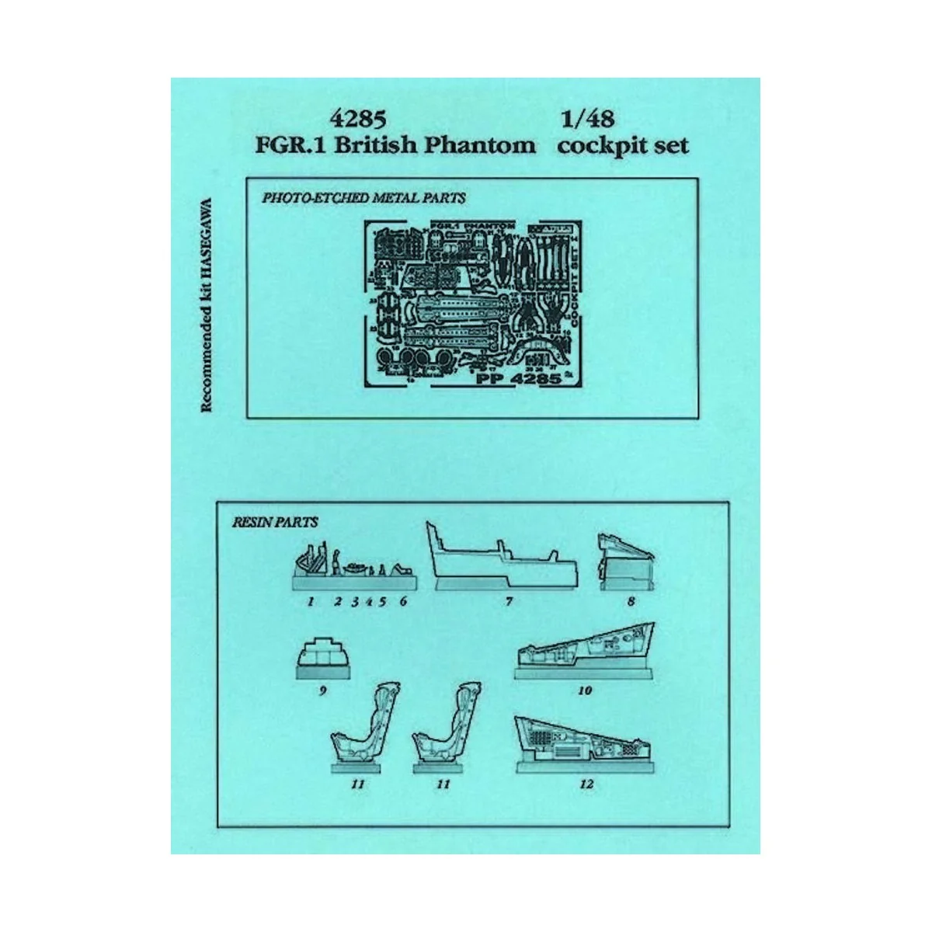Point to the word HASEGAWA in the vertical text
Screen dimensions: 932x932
pos(207,233)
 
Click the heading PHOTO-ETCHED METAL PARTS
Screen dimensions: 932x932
pos(364,198)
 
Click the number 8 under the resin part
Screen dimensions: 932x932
pos(630,601)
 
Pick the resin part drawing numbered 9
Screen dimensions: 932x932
pos(320,659)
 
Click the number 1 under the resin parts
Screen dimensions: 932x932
pos(310,601)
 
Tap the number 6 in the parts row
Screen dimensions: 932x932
pos(403,601)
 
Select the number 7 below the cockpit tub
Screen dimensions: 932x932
pos(509,601)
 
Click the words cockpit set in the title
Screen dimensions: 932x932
pos(622,145)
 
